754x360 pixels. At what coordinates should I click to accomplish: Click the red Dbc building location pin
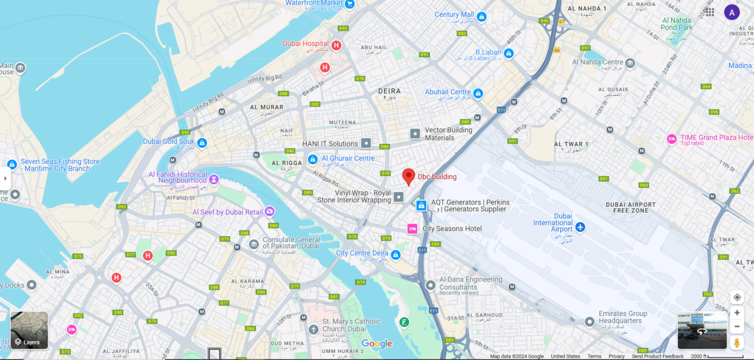pyautogui.click(x=408, y=176)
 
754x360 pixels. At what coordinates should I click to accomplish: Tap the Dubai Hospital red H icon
pyautogui.click(x=336, y=45)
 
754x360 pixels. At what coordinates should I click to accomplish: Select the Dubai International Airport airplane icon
pyautogui.click(x=580, y=227)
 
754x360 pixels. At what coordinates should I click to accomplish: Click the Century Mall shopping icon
pyautogui.click(x=481, y=17)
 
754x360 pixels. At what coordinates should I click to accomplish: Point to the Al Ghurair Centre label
pyautogui.click(x=348, y=158)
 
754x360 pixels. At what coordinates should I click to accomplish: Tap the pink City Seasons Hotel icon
pyautogui.click(x=412, y=229)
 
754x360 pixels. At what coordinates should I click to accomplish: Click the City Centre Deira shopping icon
pyautogui.click(x=396, y=255)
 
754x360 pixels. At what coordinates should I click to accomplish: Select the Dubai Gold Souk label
pyautogui.click(x=168, y=141)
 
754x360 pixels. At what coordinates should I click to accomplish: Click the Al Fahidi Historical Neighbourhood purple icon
pyautogui.click(x=214, y=179)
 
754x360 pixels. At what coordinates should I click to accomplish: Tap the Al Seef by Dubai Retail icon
pyautogui.click(x=269, y=212)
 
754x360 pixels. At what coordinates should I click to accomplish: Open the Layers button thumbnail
pyautogui.click(x=29, y=330)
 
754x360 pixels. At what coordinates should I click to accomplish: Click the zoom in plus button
pyautogui.click(x=736, y=313)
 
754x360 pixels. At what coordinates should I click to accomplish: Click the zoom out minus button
pyautogui.click(x=736, y=326)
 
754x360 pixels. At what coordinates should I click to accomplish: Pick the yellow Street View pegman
pyautogui.click(x=736, y=343)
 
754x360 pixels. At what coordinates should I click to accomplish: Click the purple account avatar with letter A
pyautogui.click(x=732, y=12)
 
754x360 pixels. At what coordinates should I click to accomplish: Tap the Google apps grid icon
pyautogui.click(x=710, y=12)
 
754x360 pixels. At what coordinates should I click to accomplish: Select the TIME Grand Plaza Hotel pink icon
pyautogui.click(x=672, y=139)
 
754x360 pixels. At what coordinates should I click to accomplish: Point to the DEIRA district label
pyautogui.click(x=389, y=91)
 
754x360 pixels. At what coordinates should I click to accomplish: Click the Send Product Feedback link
pyautogui.click(x=657, y=356)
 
